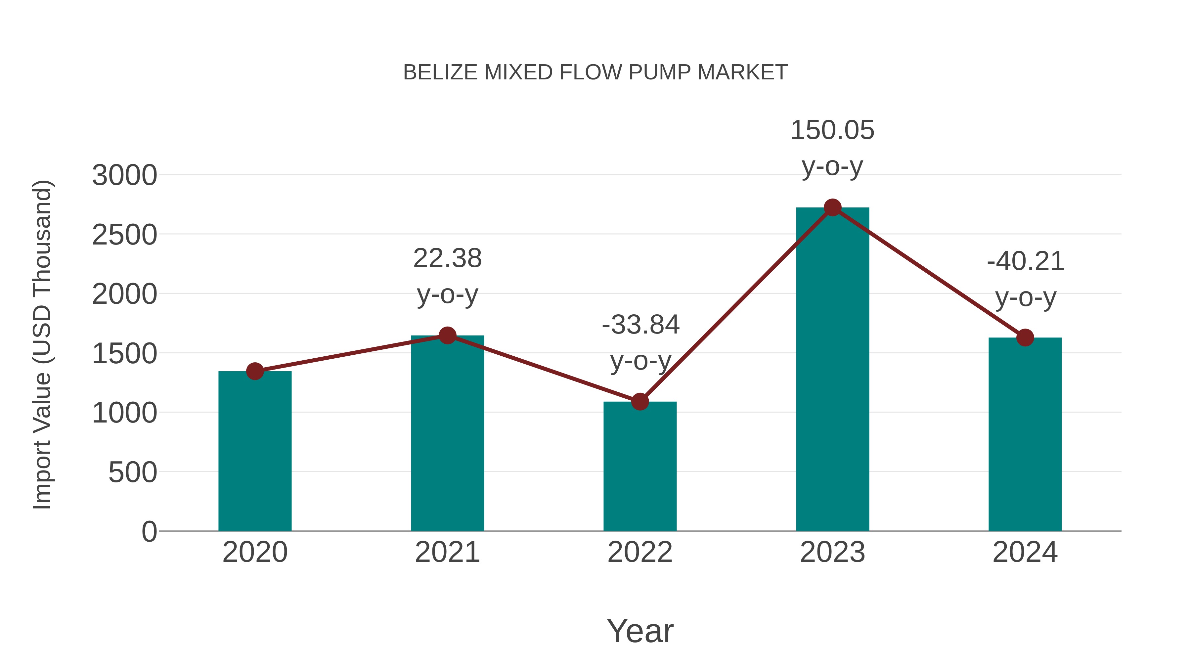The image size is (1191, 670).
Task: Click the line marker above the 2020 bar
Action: pos(255,371)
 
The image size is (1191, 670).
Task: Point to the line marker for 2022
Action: pos(640,401)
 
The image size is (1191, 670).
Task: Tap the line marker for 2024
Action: pos(1025,337)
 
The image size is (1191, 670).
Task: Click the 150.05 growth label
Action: pos(832,130)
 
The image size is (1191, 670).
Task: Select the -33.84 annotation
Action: pos(640,325)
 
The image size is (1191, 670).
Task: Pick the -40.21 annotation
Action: pos(1026,261)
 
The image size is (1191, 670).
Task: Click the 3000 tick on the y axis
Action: pos(124,176)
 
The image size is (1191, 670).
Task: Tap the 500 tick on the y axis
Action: pos(132,472)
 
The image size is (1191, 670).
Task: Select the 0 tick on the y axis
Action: pos(149,532)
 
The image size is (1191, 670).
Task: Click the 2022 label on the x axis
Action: pos(640,552)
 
